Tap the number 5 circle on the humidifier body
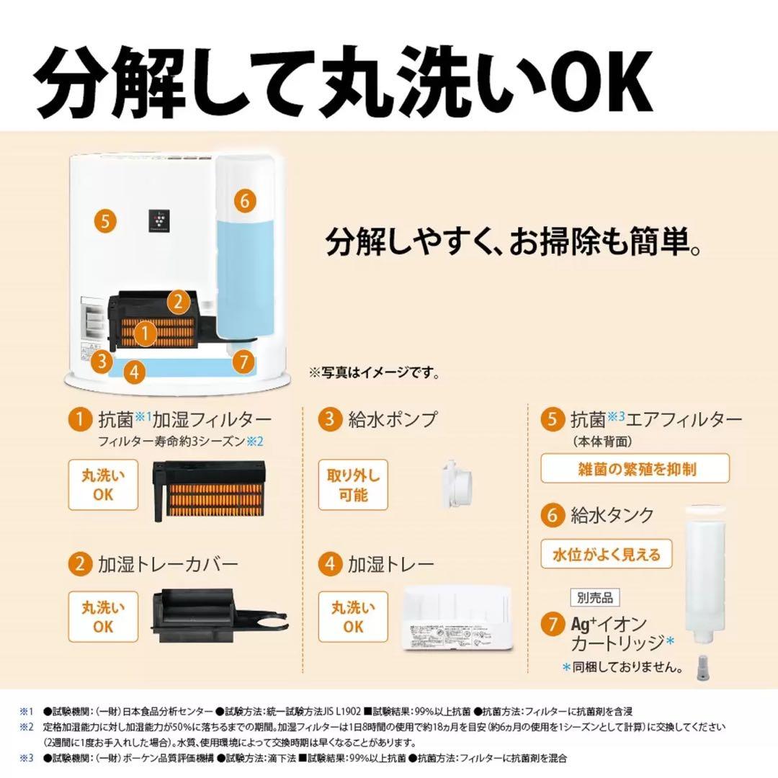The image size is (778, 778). pos(105,220)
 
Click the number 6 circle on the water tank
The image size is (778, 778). pos(244,201)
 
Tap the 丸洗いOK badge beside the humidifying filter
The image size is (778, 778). pos(102,485)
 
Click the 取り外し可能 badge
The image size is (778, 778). pos(352,485)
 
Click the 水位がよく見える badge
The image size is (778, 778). pos(606,555)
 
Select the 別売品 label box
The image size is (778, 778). pos(595,597)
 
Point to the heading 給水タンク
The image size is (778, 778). pos(612,515)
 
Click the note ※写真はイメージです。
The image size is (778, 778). pos(374,374)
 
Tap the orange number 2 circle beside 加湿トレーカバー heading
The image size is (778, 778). pos(80,564)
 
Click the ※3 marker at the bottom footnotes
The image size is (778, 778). pos(27,758)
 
